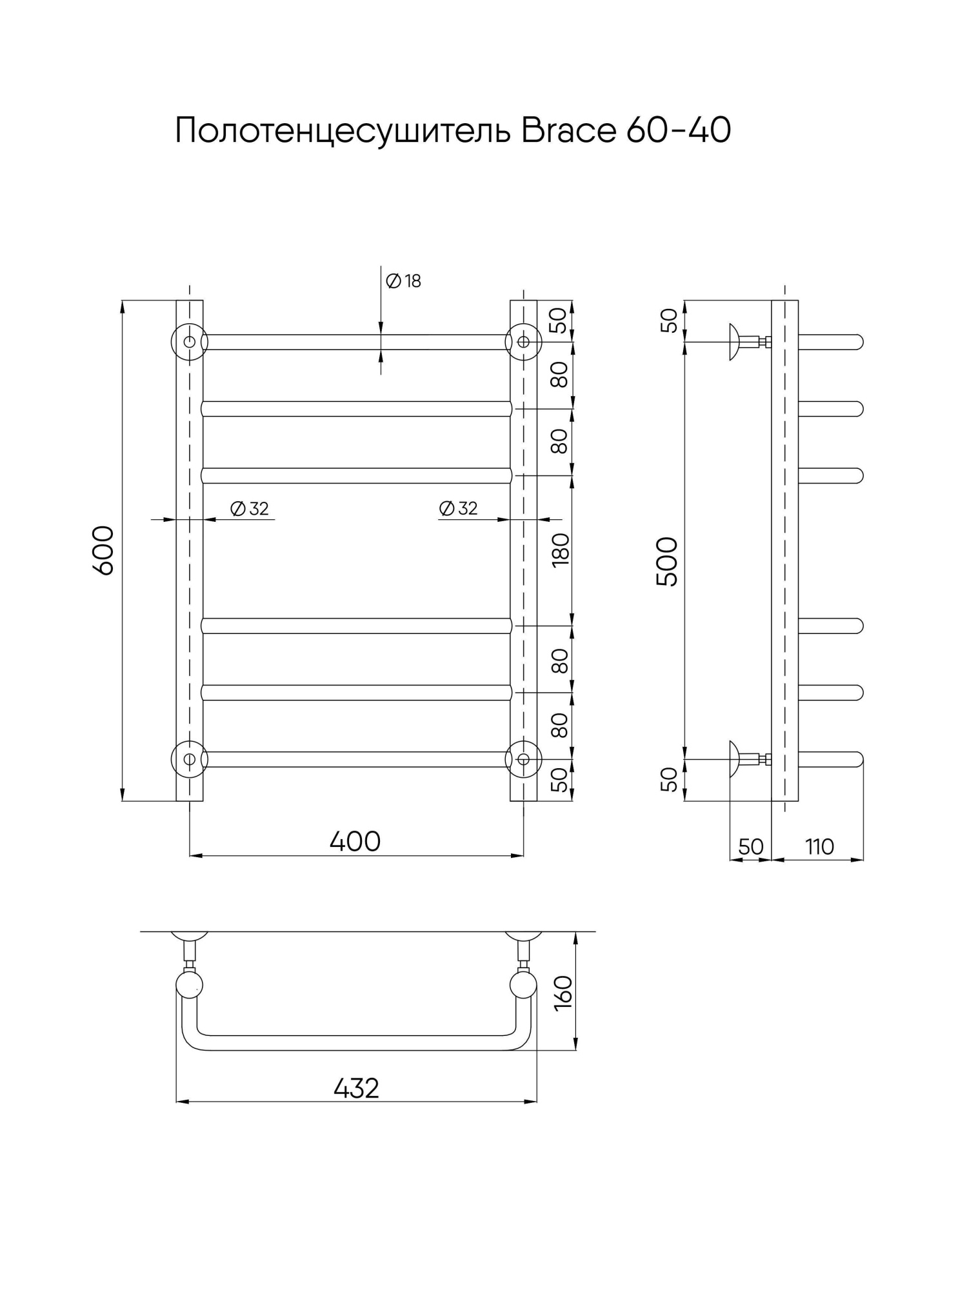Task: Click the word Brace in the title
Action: pos(568,131)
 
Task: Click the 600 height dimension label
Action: pos(104,550)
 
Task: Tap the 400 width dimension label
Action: pos(355,842)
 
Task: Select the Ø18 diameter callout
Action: pos(403,281)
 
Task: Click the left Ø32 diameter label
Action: pos(250,509)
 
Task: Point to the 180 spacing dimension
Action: pos(561,550)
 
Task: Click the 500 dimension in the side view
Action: pos(668,562)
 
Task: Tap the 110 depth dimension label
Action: pos(819,847)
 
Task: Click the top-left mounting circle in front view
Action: pos(189,342)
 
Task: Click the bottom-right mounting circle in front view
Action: pos(523,759)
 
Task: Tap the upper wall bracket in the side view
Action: pos(748,342)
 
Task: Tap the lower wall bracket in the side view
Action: pos(748,759)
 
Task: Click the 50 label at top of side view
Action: pos(670,321)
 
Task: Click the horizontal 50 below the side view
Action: pos(750,847)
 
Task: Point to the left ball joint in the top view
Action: pos(190,985)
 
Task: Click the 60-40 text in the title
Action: pos(678,131)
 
